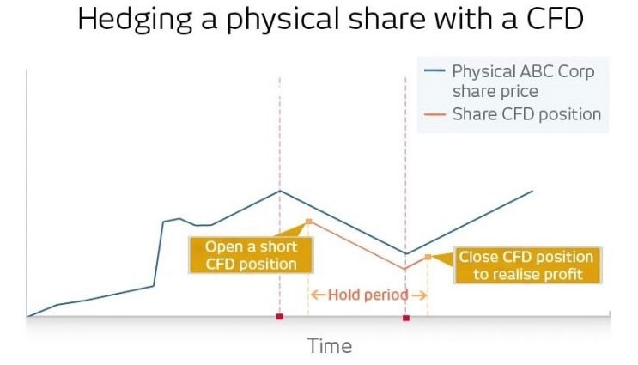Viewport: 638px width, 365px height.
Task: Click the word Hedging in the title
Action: click(x=135, y=20)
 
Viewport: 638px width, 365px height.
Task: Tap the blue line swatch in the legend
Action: click(x=434, y=70)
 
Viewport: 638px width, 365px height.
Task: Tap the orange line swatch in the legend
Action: click(x=434, y=114)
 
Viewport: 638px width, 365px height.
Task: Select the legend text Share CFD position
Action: click(x=526, y=114)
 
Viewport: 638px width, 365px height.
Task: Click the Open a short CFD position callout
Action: click(x=251, y=255)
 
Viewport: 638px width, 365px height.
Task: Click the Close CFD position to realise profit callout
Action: click(x=527, y=265)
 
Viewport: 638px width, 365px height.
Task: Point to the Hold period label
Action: click(x=368, y=295)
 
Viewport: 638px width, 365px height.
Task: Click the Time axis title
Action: click(x=330, y=346)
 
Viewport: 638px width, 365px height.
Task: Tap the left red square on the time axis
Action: click(x=280, y=317)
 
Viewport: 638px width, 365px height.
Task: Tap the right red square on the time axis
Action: click(x=406, y=318)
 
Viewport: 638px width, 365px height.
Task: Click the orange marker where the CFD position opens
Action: click(x=308, y=222)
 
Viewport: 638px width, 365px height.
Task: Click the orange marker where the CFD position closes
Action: click(x=428, y=257)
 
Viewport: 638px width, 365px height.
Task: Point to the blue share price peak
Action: click(x=280, y=191)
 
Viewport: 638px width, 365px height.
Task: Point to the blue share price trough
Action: click(x=405, y=253)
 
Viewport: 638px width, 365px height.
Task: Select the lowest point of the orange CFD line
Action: click(x=404, y=269)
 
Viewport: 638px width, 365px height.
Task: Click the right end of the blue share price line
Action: click(x=532, y=191)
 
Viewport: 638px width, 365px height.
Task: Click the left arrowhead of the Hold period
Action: click(x=313, y=295)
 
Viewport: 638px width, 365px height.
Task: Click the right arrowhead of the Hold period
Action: click(x=423, y=295)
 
